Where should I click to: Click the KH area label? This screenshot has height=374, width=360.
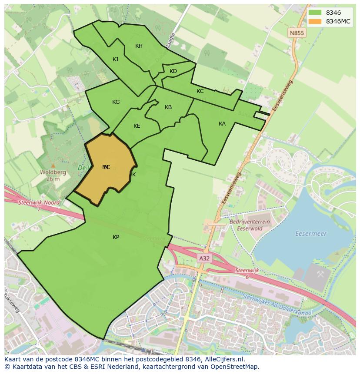tap(139, 46)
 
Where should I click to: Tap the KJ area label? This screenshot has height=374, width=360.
tap(116, 60)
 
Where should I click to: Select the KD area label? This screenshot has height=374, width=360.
tap(173, 71)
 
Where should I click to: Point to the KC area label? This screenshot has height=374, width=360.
tap(200, 91)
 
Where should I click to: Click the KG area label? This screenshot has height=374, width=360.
tap(116, 102)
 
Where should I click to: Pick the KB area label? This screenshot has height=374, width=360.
tap(168, 107)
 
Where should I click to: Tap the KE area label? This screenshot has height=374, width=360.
tap(137, 126)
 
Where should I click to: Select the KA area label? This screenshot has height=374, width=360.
tap(222, 124)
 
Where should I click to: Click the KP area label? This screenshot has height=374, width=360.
tap(116, 237)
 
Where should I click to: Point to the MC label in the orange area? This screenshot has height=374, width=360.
tap(106, 167)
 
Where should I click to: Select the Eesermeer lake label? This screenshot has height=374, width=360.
tap(311, 234)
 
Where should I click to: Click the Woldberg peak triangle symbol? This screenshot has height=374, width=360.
tap(53, 165)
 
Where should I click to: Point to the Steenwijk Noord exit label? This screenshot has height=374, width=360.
tap(39, 202)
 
